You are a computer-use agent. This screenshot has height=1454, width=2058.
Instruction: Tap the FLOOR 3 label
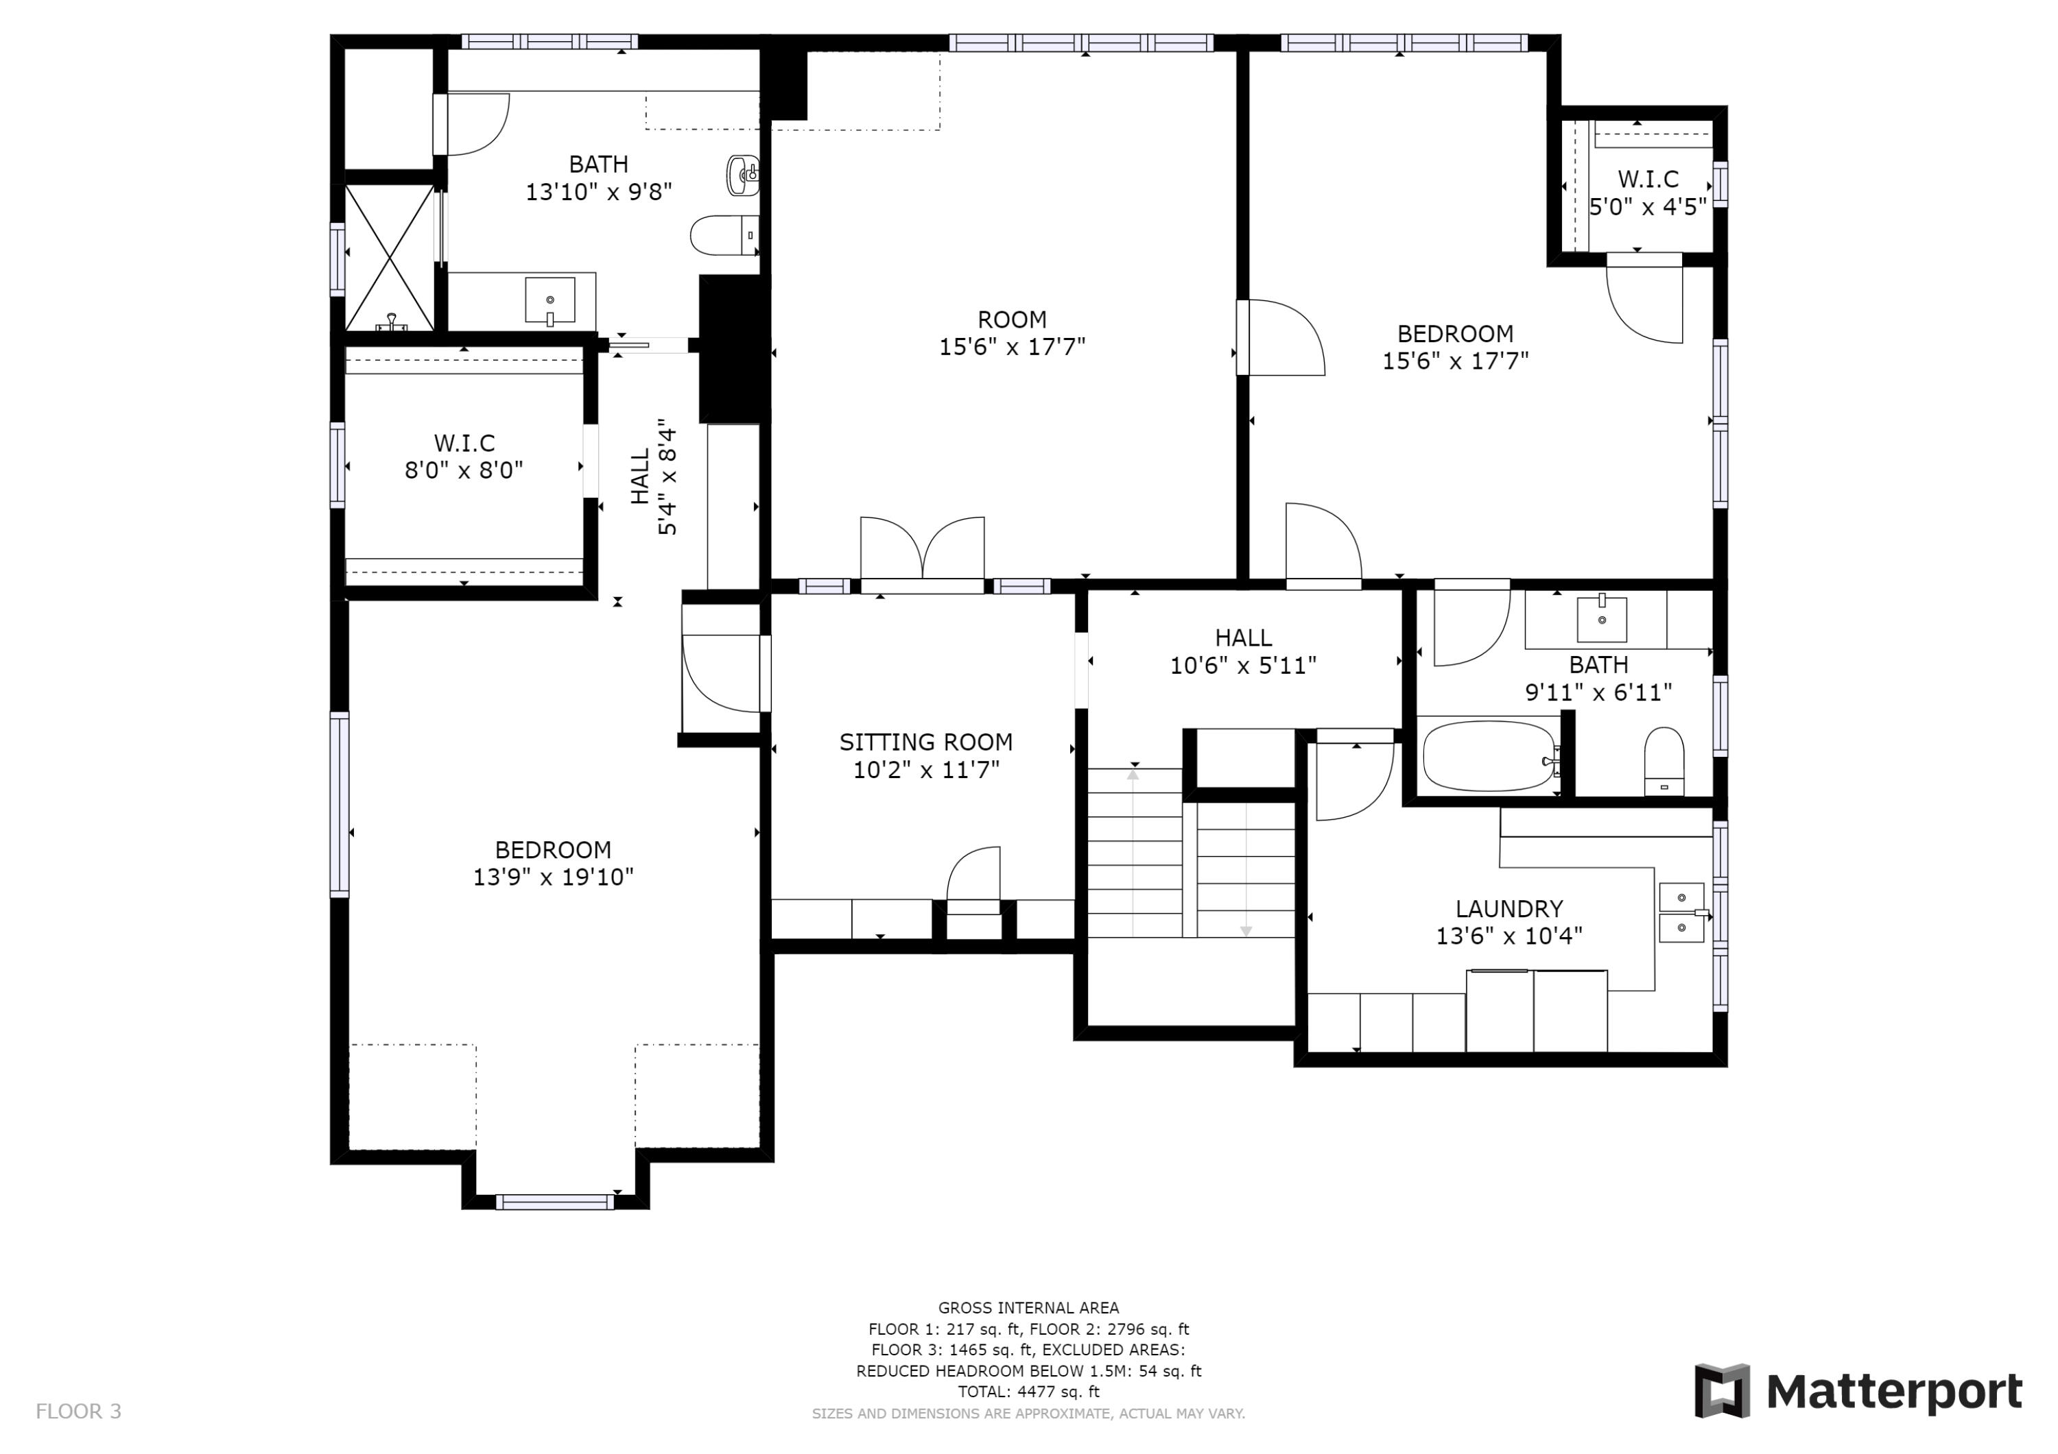tap(78, 1411)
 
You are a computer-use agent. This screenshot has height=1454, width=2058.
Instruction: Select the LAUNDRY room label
tap(1509, 908)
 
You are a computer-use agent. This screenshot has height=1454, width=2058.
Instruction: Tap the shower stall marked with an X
tap(389, 258)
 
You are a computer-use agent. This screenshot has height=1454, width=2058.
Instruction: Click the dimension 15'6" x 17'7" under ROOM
tap(1011, 347)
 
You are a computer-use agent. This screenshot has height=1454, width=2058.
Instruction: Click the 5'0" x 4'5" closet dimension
tap(1648, 207)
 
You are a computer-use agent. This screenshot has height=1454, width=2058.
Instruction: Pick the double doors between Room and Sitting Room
tap(923, 551)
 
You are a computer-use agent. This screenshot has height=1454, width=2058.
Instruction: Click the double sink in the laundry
tap(1681, 913)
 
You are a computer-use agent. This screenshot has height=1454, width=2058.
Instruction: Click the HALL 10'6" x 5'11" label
tap(1242, 651)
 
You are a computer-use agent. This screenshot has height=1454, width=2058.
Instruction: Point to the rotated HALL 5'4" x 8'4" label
tap(654, 476)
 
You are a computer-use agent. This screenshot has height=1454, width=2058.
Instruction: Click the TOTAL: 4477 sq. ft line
tap(1028, 1392)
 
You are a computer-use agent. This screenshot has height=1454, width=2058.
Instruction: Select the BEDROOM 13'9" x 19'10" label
tap(553, 862)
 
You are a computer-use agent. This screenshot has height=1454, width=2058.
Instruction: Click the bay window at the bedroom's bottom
tap(555, 1201)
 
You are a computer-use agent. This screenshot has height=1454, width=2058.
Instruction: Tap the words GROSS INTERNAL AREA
tap(1028, 1308)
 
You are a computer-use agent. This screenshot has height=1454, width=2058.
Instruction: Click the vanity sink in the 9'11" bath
tap(1601, 619)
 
